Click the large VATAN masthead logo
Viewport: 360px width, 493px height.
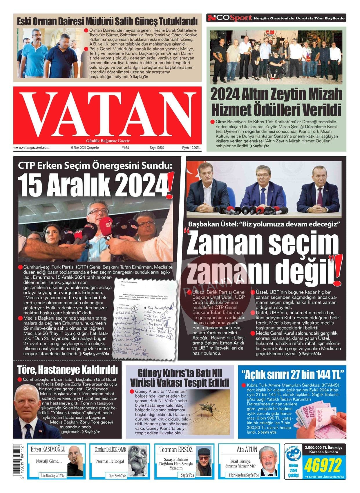(107, 115)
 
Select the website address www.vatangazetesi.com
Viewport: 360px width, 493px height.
(31, 148)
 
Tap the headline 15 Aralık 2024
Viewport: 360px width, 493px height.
(94, 185)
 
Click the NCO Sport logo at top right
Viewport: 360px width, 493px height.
(229, 18)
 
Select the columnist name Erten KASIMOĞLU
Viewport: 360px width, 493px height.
(48, 450)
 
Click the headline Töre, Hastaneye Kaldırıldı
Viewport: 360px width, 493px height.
(67, 370)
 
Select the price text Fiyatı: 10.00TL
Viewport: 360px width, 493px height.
(191, 148)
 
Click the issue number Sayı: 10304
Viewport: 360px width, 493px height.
(157, 148)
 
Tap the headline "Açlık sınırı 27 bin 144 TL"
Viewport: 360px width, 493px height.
(292, 374)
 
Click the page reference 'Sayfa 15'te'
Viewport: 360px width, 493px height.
(261, 146)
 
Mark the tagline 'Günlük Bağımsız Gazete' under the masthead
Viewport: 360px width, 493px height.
(108, 141)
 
